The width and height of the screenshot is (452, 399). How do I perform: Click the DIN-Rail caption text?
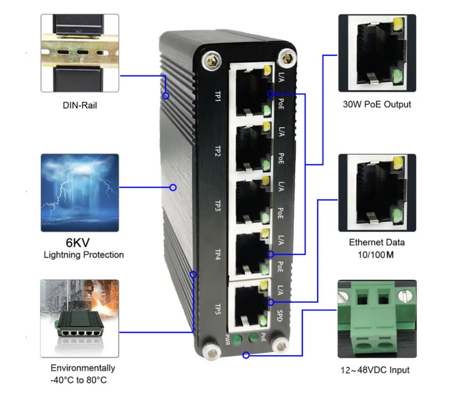tap(80, 105)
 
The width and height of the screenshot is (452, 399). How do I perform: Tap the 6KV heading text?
tap(79, 242)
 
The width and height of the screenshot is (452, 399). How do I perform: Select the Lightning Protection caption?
tap(83, 255)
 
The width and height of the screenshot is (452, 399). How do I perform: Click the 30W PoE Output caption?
tap(377, 104)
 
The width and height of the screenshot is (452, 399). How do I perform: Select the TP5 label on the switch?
tap(217, 310)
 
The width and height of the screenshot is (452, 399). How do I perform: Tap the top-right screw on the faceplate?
tap(288, 58)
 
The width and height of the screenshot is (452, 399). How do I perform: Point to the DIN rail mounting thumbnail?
tap(79, 54)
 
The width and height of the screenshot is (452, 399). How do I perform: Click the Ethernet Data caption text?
tap(377, 242)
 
